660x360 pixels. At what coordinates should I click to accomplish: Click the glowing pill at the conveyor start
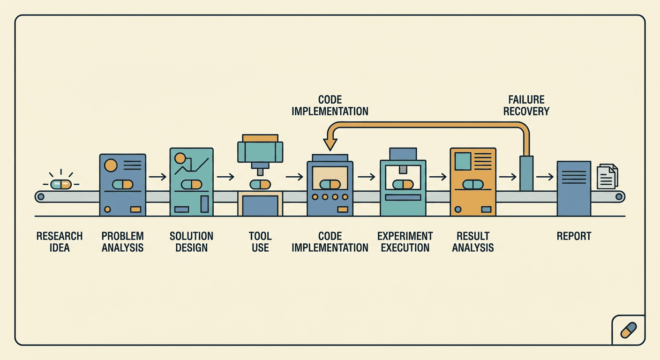tap(61, 184)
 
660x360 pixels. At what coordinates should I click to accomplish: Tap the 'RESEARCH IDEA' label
tap(60, 242)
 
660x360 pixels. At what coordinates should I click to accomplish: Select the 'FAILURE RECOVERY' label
tap(526, 105)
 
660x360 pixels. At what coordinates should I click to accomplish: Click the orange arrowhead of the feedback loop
tap(330, 143)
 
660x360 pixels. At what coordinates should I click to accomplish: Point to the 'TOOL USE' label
tap(260, 242)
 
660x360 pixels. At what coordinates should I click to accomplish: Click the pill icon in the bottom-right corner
tap(629, 330)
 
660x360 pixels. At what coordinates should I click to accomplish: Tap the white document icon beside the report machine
tap(607, 176)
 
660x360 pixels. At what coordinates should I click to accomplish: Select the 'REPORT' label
tap(574, 236)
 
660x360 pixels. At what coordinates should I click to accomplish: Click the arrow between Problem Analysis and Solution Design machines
tap(157, 177)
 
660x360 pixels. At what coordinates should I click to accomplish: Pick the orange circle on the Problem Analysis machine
tap(111, 165)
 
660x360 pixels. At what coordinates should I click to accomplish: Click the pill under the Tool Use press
tap(260, 185)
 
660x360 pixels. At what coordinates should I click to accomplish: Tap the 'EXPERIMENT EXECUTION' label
tap(405, 242)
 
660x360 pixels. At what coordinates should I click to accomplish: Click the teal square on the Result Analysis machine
tap(463, 161)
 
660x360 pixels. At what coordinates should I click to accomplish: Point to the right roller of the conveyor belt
tap(619, 196)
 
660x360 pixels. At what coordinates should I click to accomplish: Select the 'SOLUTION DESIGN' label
tap(192, 242)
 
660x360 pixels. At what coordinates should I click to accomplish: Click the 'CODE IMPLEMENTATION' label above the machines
tap(330, 105)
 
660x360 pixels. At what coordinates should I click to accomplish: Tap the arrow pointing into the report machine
tap(545, 177)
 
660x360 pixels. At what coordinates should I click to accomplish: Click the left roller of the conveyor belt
tap(41, 196)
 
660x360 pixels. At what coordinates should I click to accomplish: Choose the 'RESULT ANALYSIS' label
tap(473, 242)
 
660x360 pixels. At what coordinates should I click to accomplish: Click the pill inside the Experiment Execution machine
tap(403, 185)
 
